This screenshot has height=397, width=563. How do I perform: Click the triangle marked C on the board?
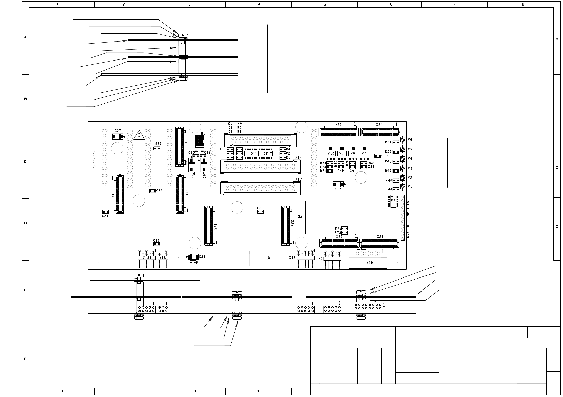click(139, 135)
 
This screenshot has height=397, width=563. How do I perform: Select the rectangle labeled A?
click(269, 258)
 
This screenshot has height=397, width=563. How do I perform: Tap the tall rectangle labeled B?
click(300, 217)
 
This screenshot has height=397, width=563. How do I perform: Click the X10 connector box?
click(368, 263)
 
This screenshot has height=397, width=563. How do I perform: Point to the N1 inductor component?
click(200, 141)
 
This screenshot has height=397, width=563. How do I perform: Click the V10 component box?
click(331, 154)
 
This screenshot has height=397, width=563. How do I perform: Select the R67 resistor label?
click(159, 144)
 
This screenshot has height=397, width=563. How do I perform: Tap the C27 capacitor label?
click(118, 131)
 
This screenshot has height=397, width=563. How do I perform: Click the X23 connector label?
click(338, 125)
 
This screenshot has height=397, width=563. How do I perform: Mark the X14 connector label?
click(298, 158)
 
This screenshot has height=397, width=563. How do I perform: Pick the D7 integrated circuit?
click(393, 201)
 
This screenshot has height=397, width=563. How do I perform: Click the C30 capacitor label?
click(260, 208)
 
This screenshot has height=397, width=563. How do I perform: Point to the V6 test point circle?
click(402, 140)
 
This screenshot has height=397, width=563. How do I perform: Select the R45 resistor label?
click(389, 189)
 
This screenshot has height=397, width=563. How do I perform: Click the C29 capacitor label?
click(338, 189)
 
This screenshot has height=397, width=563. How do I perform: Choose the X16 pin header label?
click(163, 258)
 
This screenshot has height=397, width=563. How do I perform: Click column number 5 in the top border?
click(325, 4)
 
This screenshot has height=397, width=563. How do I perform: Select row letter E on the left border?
click(25, 290)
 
